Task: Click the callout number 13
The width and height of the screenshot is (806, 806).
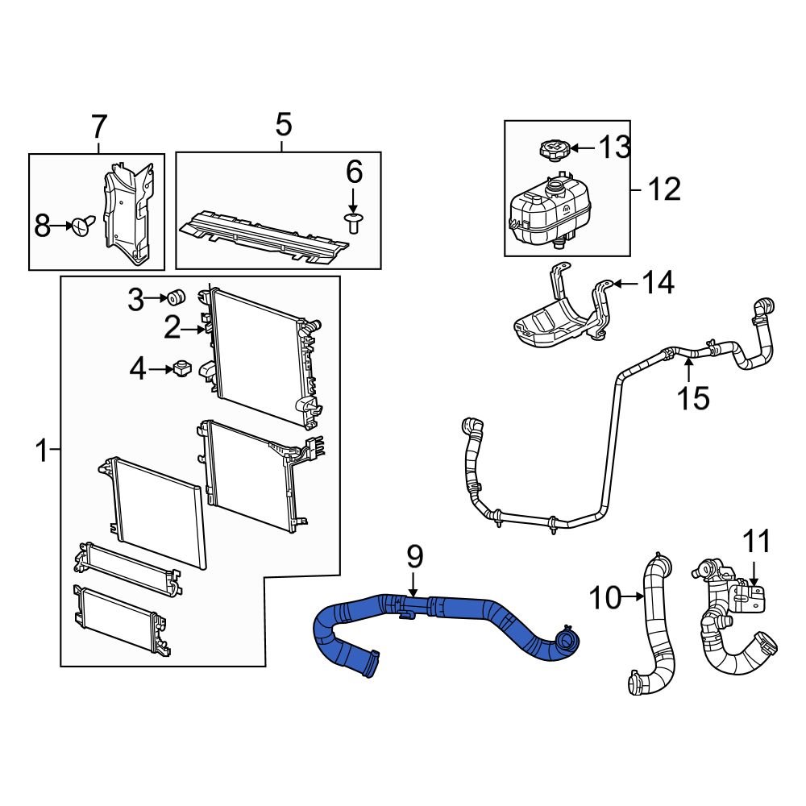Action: tap(615, 147)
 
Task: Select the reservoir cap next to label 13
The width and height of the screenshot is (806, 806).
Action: tap(554, 149)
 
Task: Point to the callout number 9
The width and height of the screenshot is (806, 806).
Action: tap(414, 555)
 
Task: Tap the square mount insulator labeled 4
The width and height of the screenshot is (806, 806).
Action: tap(181, 370)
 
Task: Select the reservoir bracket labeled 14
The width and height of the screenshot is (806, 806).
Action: tap(560, 318)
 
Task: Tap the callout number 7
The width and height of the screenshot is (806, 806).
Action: tap(98, 127)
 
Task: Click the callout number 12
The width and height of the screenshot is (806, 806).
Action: tap(664, 190)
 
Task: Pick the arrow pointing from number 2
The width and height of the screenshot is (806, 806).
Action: tap(193, 329)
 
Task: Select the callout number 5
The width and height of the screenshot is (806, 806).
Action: tap(282, 125)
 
